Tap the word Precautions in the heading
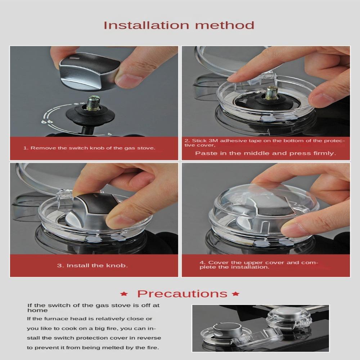(182, 293)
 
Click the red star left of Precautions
(124, 294)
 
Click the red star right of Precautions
(236, 294)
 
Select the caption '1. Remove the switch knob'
(89, 148)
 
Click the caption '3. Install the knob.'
(93, 266)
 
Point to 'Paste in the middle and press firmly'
(265, 153)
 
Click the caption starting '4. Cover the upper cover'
(259, 265)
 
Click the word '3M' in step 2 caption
(212, 140)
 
